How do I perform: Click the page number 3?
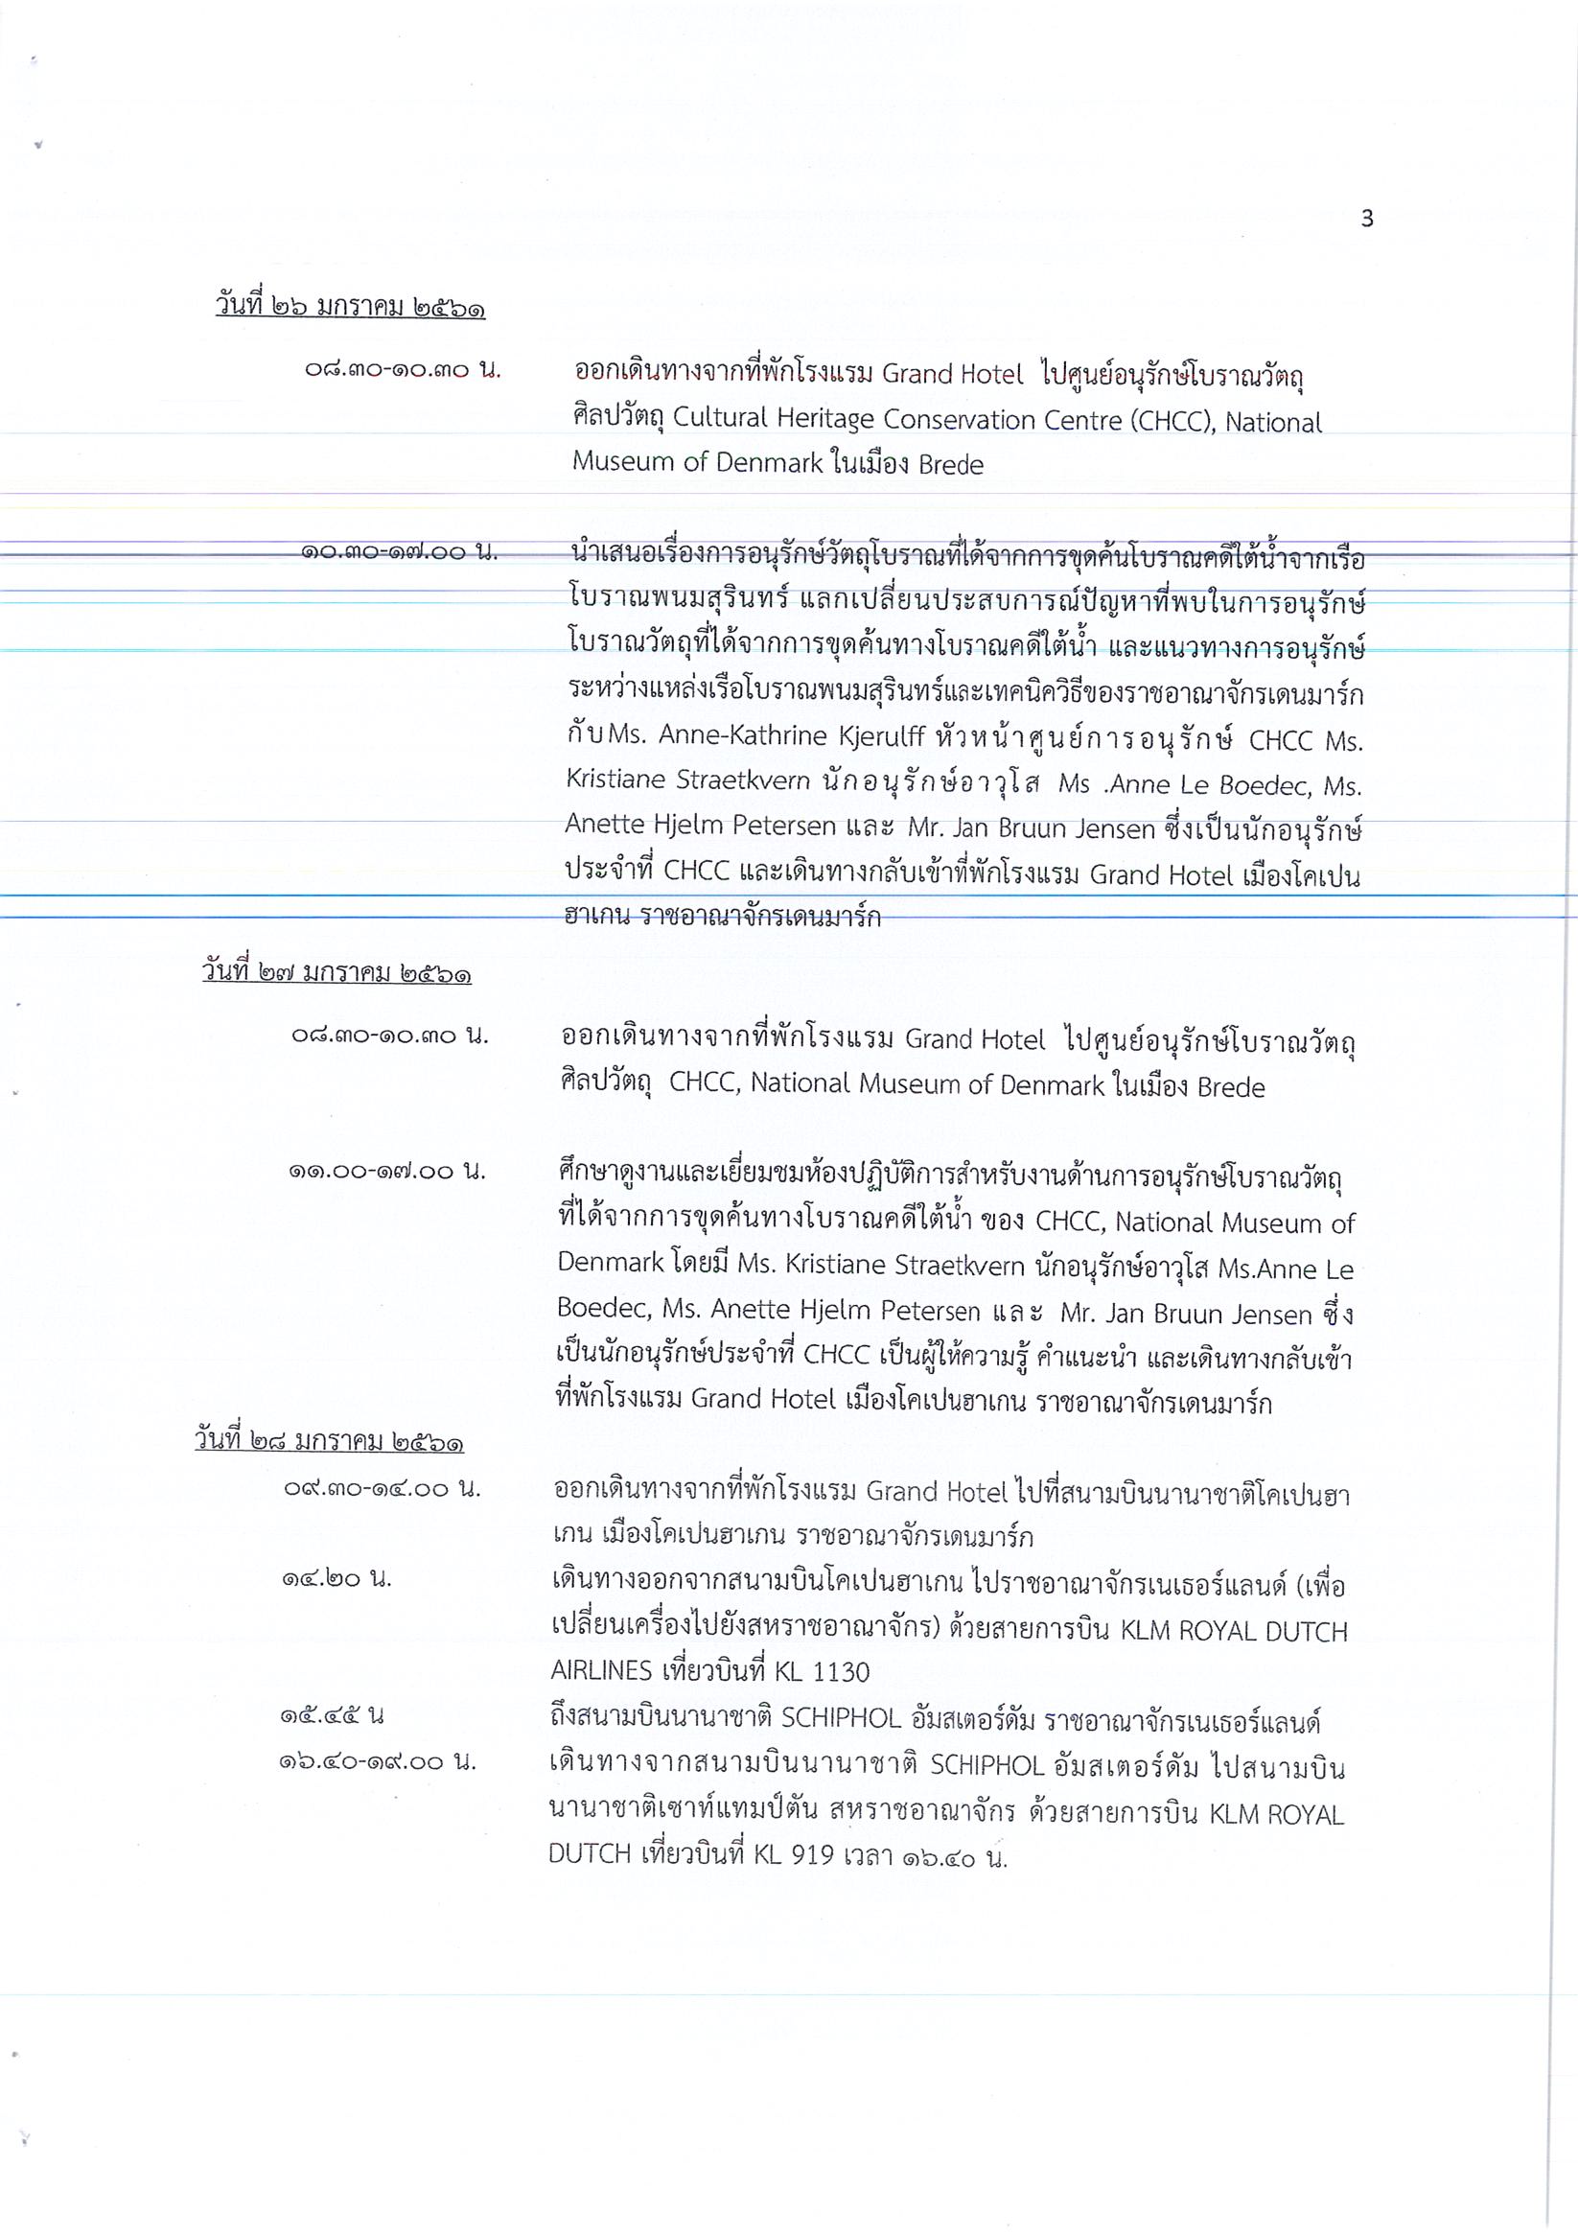click(x=1367, y=219)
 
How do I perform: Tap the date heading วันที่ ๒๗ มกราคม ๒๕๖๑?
click(x=336, y=971)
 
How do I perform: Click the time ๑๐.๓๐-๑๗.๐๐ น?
click(x=399, y=552)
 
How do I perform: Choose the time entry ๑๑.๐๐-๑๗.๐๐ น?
click(x=386, y=1171)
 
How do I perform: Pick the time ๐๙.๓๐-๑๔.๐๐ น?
click(x=382, y=1488)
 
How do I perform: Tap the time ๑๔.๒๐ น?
click(x=336, y=1578)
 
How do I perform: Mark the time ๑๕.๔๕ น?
click(x=333, y=1715)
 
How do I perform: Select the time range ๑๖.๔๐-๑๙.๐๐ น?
click(x=378, y=1761)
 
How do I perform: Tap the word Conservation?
click(x=959, y=421)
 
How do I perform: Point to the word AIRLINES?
click(x=601, y=1671)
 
